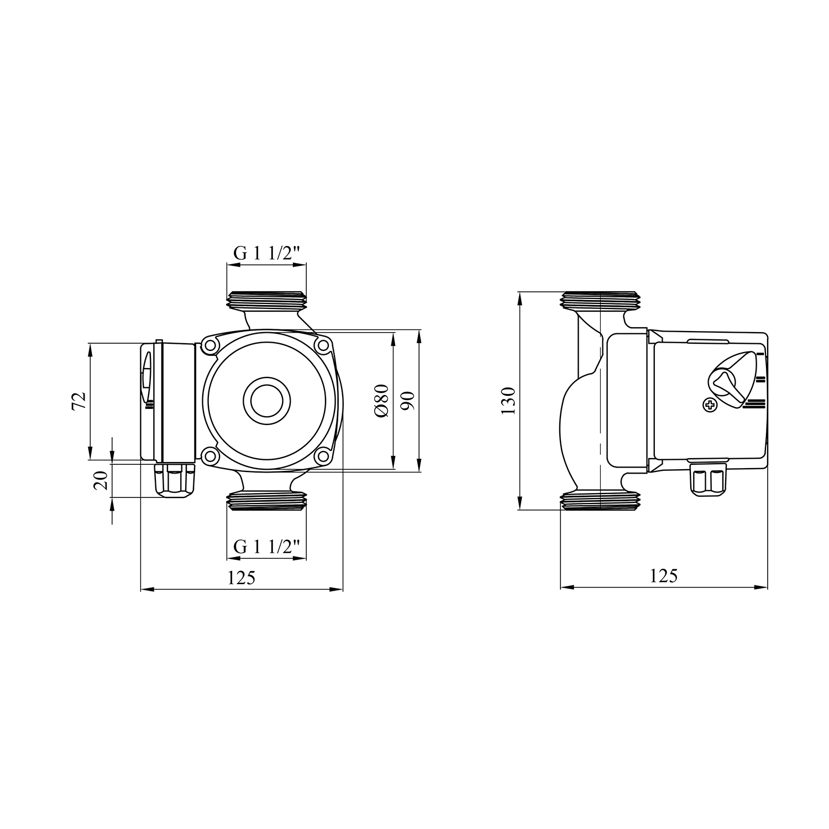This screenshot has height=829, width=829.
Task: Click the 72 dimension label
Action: point(79,400)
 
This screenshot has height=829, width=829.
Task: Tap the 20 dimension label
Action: point(101,481)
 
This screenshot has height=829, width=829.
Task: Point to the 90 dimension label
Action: point(408,401)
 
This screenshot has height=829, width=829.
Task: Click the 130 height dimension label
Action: point(508,401)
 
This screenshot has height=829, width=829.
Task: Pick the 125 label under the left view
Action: point(242,578)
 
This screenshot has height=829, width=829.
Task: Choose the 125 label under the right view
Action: point(663,576)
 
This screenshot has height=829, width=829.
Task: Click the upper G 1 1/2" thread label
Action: point(267,253)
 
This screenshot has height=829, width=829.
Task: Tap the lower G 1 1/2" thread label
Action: point(267,547)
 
